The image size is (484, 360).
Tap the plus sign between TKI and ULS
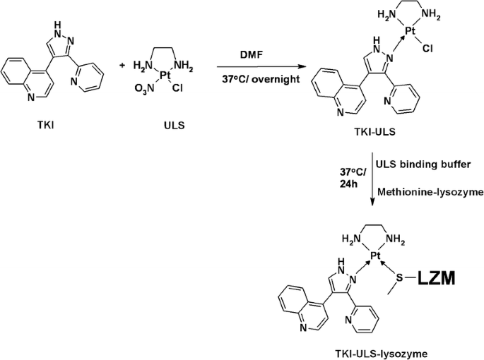[122, 66]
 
